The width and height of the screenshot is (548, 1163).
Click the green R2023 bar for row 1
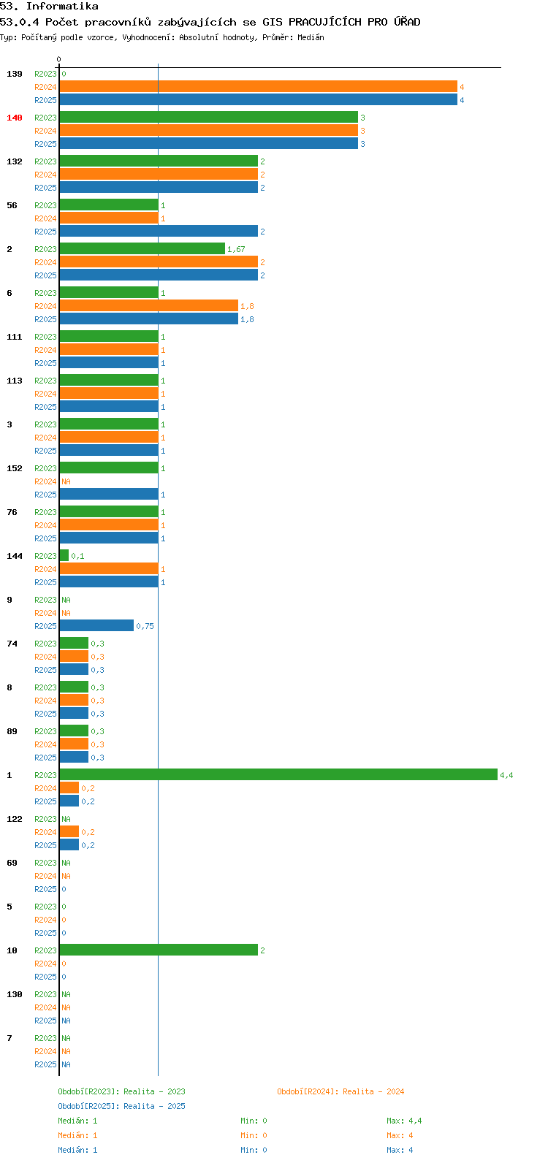pos(278,774)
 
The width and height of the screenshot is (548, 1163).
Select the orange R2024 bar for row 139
pos(259,87)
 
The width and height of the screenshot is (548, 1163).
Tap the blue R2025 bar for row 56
pos(159,231)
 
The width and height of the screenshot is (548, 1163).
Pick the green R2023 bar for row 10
pos(159,950)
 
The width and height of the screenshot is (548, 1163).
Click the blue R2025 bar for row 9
pos(96,625)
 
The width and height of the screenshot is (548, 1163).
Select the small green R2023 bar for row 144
pos(64,555)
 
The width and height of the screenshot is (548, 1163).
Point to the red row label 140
pos(15,118)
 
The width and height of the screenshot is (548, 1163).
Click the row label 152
pos(15,468)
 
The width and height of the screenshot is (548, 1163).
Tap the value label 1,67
pos(236,249)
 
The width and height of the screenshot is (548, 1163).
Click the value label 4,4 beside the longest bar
pos(506,775)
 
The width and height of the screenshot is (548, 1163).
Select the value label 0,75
pos(145,626)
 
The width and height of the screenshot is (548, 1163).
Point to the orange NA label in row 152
pos(66,481)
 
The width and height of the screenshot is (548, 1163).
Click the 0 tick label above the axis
pos(58,59)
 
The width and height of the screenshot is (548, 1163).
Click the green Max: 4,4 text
pos(404,1121)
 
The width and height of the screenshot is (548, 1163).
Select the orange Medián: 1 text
pos(77,1135)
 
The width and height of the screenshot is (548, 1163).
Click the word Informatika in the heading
pos(62,7)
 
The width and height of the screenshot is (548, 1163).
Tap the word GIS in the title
pos(273,22)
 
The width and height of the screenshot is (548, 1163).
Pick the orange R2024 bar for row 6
pos(149,306)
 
